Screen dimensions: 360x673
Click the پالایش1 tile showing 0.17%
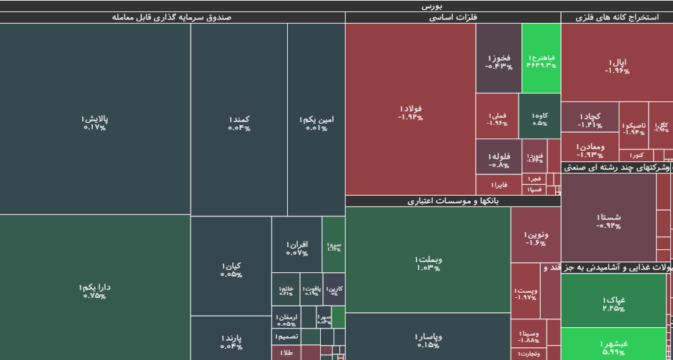point(95,121)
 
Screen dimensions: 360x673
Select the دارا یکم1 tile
point(95,289)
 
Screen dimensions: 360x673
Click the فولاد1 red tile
point(410,111)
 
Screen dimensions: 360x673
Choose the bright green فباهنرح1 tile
point(541,60)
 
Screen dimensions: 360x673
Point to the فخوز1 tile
point(499,60)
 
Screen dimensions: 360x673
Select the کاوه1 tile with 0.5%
point(539,118)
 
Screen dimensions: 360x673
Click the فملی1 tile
point(497,118)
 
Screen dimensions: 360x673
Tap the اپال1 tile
point(617,66)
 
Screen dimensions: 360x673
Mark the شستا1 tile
point(608,220)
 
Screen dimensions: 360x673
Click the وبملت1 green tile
point(427,262)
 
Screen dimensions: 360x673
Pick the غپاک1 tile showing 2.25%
point(614,303)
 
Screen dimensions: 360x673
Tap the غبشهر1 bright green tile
point(614,346)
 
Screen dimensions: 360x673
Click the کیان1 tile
point(231,269)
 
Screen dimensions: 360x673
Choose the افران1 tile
point(296,247)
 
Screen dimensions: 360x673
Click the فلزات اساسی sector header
point(452,17)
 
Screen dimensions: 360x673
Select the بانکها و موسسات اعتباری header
point(452,201)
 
